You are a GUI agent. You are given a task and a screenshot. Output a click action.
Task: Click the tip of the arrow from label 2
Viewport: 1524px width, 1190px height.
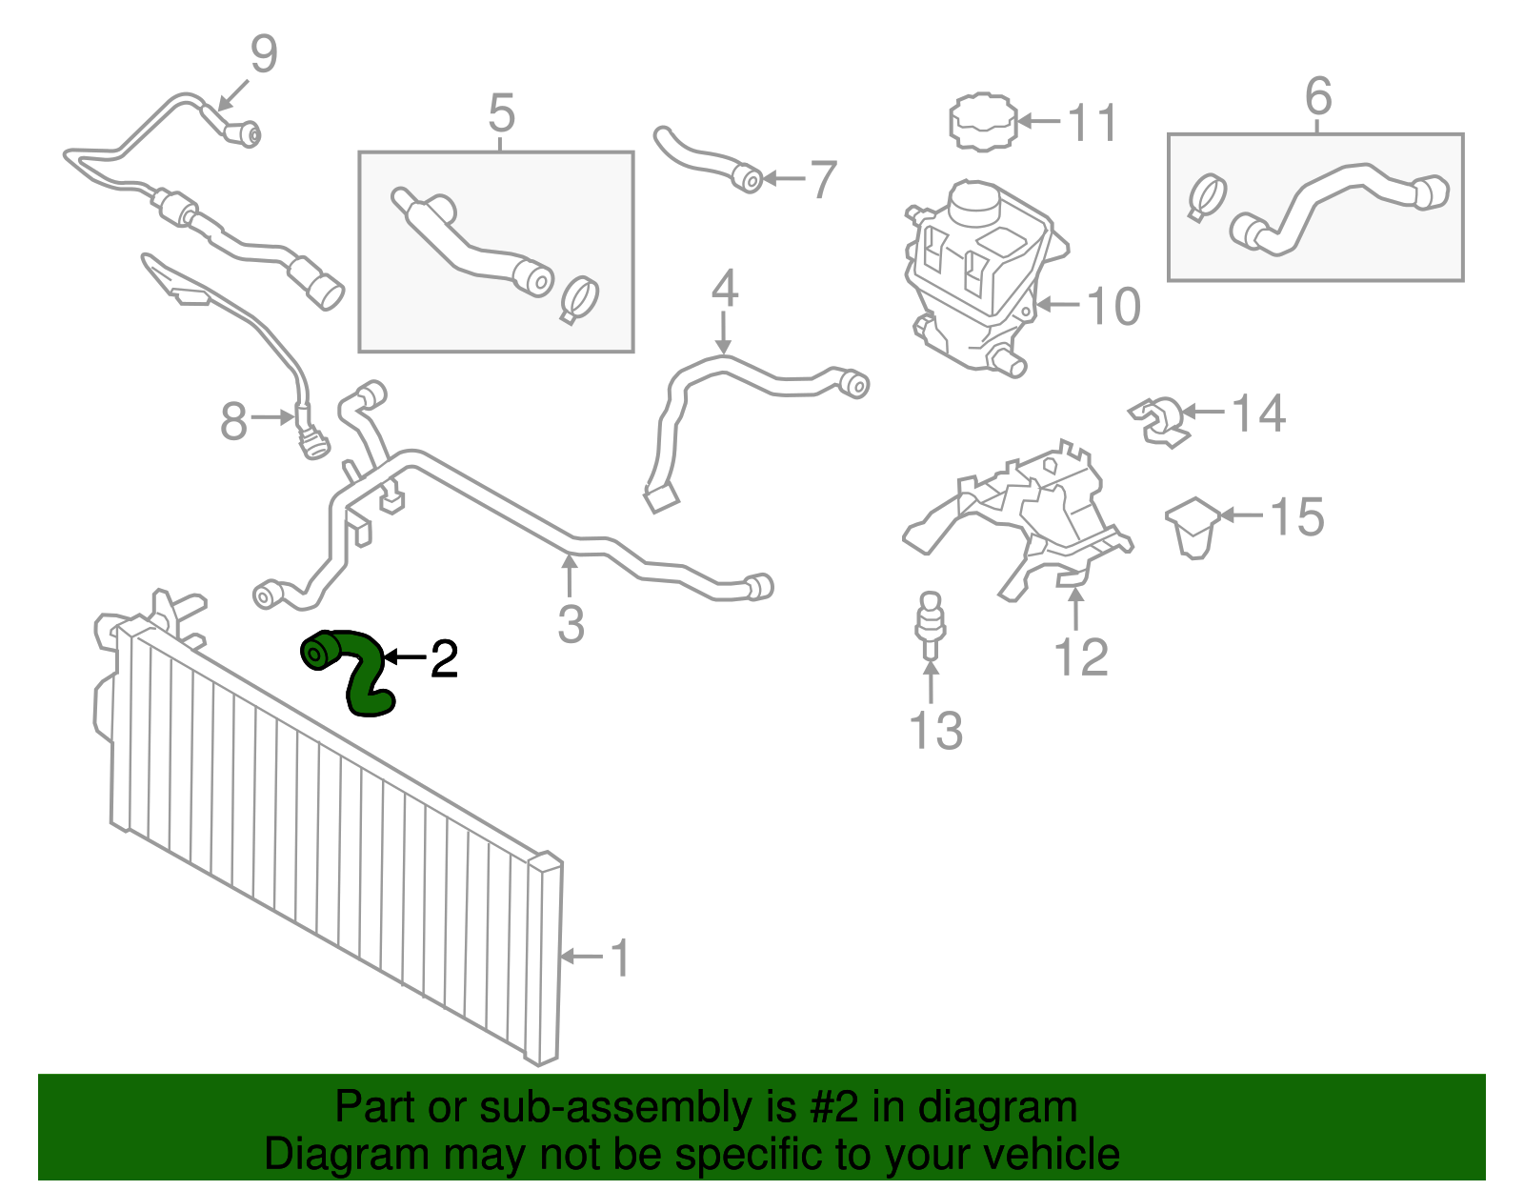(x=385, y=657)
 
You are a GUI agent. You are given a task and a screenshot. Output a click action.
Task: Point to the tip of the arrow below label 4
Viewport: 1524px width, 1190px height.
(x=723, y=354)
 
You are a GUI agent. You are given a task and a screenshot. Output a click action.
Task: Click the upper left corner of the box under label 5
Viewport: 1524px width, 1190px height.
(x=359, y=152)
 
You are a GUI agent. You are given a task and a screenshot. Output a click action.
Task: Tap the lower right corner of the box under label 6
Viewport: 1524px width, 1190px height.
(x=1463, y=280)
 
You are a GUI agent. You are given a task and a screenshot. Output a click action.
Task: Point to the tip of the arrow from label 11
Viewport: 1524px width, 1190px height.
(x=1017, y=121)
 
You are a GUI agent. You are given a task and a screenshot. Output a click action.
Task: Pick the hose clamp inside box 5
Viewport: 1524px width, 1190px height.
(x=579, y=299)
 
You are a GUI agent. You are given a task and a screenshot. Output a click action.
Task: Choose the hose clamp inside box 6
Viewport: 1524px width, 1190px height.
(x=1206, y=197)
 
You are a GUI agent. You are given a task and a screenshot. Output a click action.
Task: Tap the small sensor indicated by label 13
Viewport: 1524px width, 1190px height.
(x=930, y=626)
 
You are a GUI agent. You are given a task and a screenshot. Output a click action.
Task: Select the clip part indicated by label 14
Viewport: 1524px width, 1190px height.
(x=1158, y=421)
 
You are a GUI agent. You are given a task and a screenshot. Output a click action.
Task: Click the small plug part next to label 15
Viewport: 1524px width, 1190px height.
(x=1193, y=527)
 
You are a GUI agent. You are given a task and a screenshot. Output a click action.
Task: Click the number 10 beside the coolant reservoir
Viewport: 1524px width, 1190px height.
(x=1113, y=307)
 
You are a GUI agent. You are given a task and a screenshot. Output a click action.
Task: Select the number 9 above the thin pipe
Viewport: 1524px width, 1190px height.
(x=264, y=53)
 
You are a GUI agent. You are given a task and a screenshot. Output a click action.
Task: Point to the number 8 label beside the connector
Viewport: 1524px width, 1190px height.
(x=233, y=421)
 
